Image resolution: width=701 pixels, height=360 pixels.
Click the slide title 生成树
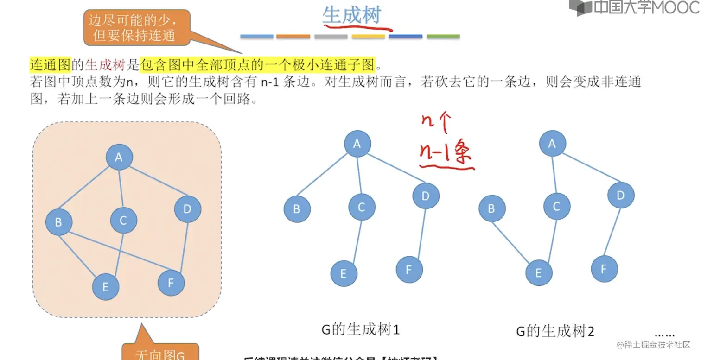tap(351, 15)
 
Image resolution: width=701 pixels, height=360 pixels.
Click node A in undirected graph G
tap(119, 158)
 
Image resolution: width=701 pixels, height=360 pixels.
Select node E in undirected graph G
tap(106, 287)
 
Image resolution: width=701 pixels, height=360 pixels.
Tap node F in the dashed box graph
tap(171, 283)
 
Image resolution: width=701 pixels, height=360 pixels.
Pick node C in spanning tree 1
tap(362, 207)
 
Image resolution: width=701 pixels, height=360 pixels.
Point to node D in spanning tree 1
tap(426, 196)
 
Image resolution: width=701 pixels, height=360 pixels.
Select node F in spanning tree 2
tap(604, 269)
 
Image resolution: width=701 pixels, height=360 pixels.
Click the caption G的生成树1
tap(360, 330)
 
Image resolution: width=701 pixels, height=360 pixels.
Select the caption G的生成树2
tap(555, 331)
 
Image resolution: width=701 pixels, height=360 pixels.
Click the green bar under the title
tap(443, 36)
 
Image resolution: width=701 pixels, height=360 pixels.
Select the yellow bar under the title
tap(368, 36)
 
